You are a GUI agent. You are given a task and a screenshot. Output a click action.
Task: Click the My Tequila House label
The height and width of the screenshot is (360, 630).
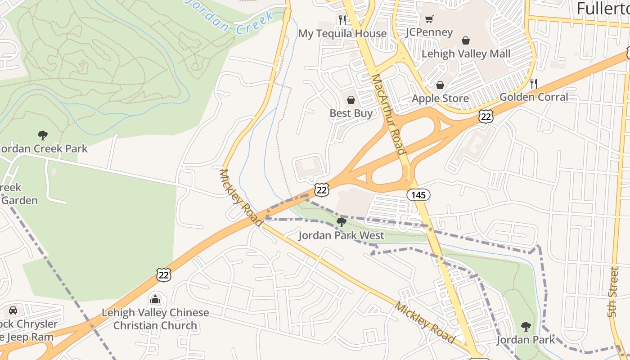point(342,34)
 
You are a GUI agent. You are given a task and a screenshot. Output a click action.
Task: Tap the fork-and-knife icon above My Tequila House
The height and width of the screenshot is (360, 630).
point(342,20)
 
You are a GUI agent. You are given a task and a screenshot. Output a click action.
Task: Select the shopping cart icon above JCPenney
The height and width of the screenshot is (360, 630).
point(429,19)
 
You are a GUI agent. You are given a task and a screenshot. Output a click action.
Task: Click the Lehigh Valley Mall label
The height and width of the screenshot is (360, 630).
point(466,54)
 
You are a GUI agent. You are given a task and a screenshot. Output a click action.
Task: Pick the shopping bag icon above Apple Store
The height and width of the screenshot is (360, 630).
point(440,85)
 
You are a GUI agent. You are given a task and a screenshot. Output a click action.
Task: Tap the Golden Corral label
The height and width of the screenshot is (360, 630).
point(534,97)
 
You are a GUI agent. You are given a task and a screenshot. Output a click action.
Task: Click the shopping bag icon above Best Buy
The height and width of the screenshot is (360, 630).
point(351,100)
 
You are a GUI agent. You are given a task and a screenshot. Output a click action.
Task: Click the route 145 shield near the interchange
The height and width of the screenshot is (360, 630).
point(418,195)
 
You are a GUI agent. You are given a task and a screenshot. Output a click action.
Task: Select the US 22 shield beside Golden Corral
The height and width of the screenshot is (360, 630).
point(486,117)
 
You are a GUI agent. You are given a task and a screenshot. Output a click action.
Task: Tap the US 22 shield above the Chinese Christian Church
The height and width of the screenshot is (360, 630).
point(164,274)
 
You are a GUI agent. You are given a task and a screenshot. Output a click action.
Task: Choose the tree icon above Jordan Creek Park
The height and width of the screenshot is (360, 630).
point(43,135)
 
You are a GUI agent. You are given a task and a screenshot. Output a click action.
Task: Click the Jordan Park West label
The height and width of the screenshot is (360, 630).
point(342,235)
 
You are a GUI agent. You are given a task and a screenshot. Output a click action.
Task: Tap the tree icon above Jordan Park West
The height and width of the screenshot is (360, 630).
point(342,222)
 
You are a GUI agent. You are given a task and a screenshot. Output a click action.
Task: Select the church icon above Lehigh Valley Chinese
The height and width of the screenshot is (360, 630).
point(155,299)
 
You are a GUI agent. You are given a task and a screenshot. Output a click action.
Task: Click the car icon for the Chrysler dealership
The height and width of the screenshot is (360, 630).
point(13,310)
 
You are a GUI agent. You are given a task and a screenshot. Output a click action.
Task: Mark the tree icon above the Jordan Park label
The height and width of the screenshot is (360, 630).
point(526,326)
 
